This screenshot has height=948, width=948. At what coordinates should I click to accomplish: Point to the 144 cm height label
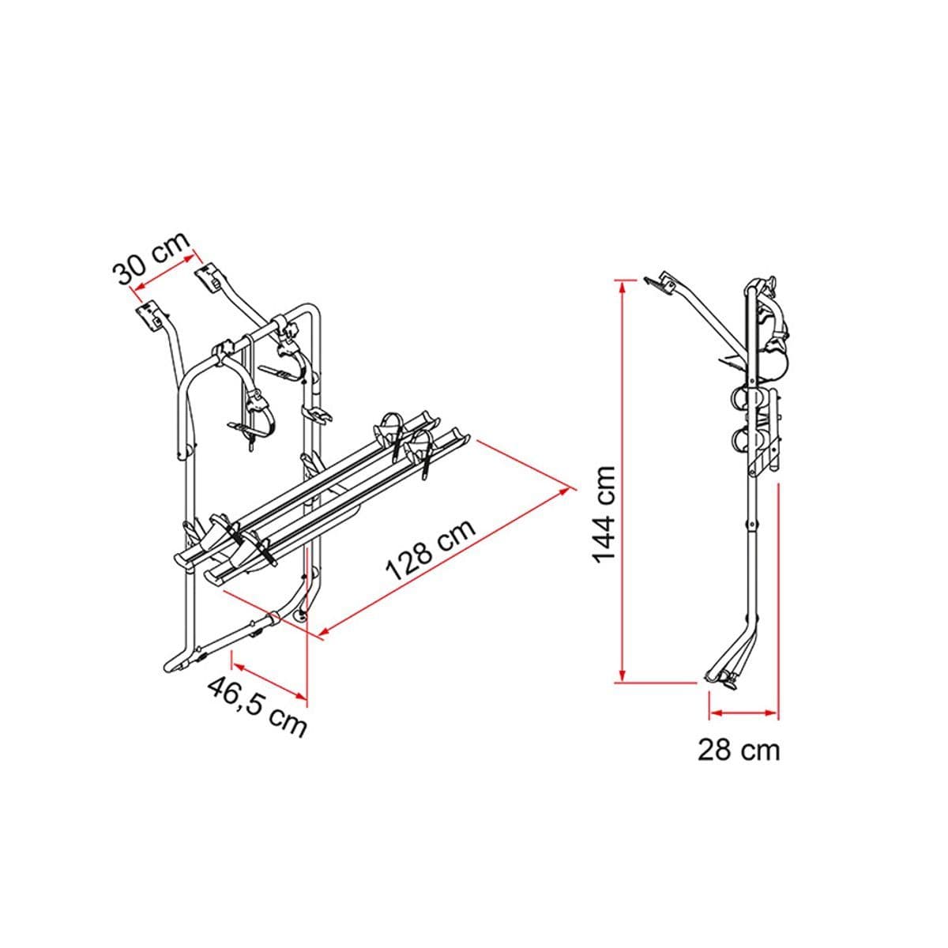[604, 513]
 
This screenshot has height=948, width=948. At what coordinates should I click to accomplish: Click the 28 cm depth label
[738, 750]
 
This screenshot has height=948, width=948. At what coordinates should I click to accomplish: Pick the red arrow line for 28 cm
[743, 713]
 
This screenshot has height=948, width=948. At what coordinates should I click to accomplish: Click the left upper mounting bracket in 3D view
[149, 316]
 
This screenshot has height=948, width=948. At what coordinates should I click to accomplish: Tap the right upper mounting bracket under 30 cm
[208, 277]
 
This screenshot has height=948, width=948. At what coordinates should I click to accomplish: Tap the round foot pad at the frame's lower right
[300, 615]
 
